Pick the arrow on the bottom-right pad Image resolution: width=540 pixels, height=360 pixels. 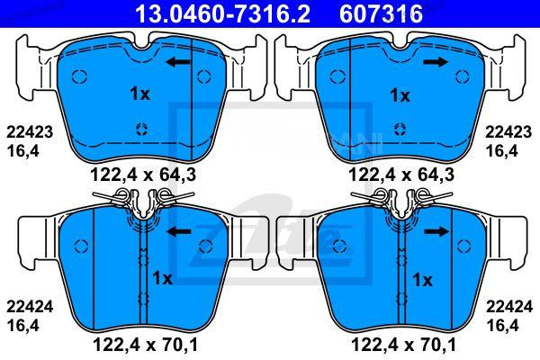pos(436,231)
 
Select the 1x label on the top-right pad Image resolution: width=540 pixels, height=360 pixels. pos(399,94)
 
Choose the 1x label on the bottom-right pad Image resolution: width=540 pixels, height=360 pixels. pos(422,279)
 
